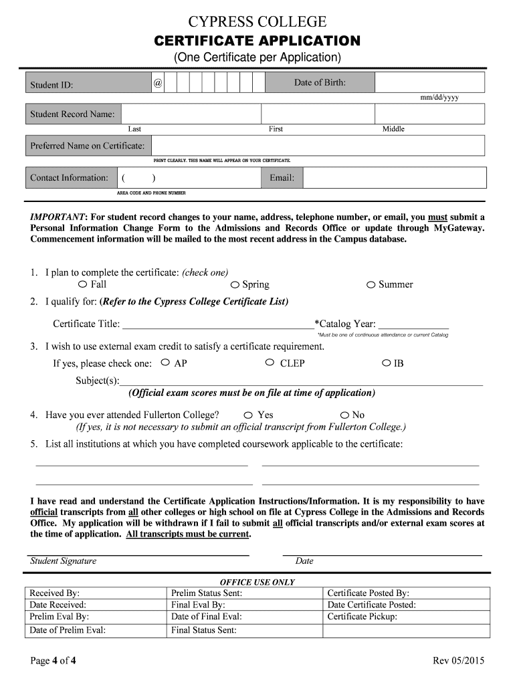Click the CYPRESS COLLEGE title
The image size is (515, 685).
click(257, 21)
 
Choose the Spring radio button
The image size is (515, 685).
click(235, 285)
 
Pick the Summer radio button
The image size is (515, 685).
click(371, 285)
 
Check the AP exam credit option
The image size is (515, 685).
click(165, 363)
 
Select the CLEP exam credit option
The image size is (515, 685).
click(270, 363)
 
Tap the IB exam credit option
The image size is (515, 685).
click(386, 363)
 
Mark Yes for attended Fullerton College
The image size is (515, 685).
click(248, 415)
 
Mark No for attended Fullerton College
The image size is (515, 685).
click(345, 415)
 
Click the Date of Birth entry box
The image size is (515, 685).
click(429, 82)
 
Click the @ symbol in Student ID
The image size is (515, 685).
click(157, 83)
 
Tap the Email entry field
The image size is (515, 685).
click(395, 178)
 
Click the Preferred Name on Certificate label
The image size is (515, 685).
click(87, 146)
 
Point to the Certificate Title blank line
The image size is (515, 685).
click(217, 325)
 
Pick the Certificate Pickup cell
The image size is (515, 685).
click(406, 617)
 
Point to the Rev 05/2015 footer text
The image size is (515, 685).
click(458, 662)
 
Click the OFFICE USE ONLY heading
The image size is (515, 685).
click(257, 582)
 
